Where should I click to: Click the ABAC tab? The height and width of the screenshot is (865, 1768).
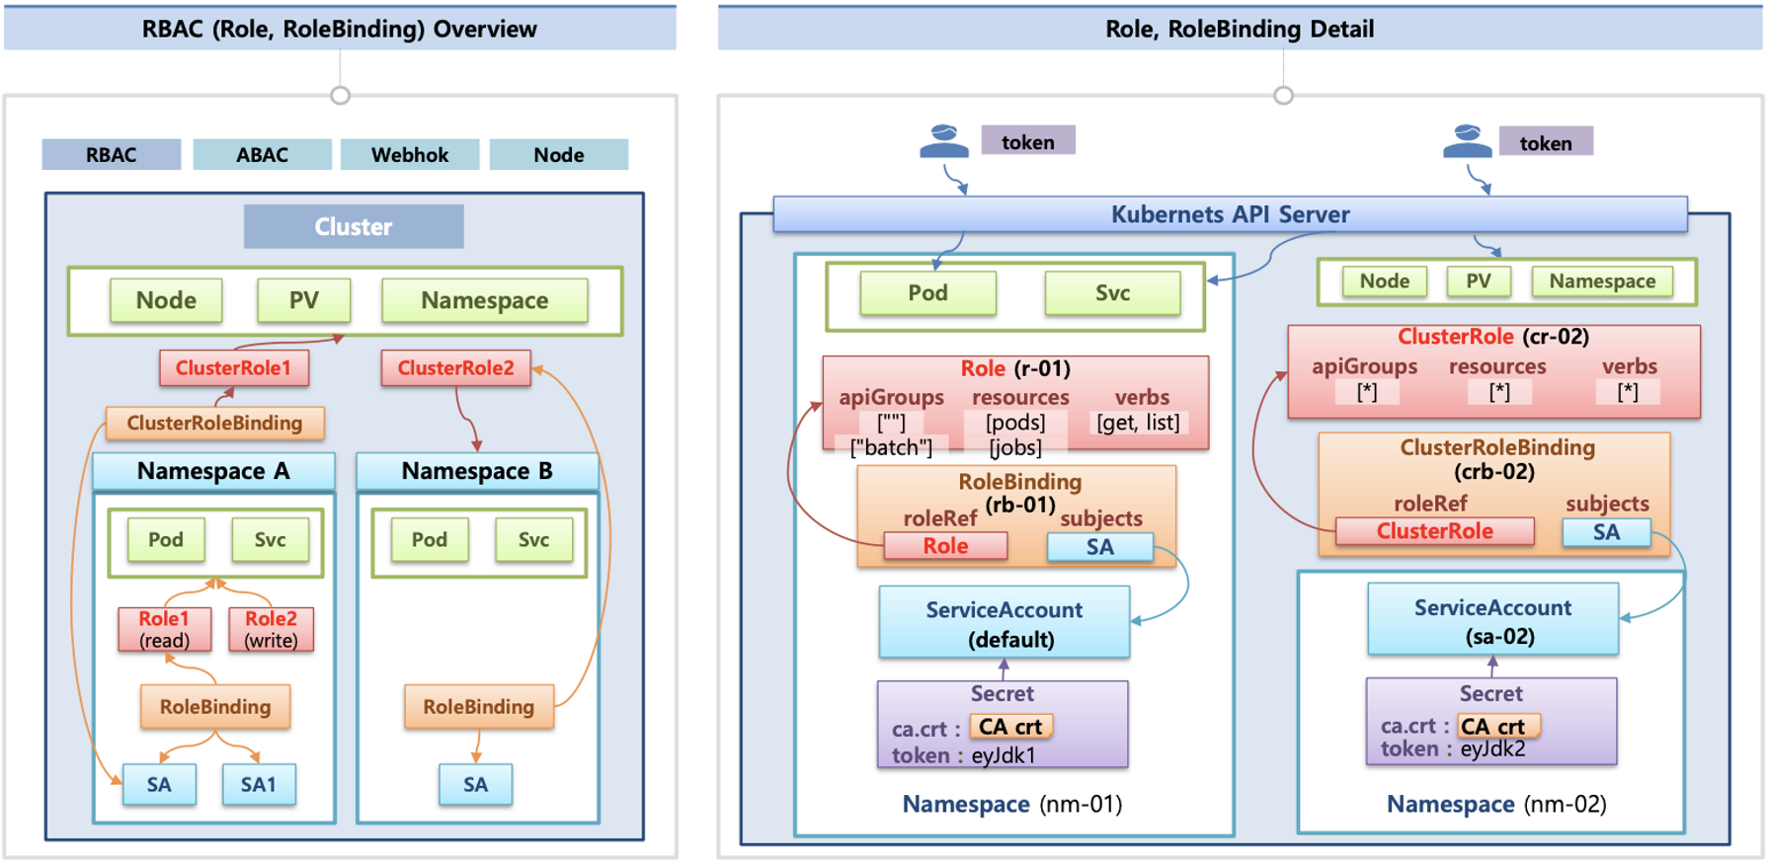pos(262,155)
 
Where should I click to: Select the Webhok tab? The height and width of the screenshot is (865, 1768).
pos(410,155)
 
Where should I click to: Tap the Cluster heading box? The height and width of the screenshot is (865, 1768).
pos(354,227)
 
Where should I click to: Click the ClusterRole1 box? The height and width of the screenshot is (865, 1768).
pos(234,368)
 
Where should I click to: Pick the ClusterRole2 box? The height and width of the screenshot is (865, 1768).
pos(455,368)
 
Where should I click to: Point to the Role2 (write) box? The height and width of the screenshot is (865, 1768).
pos(271,629)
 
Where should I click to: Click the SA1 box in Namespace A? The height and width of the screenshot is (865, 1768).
pos(259,784)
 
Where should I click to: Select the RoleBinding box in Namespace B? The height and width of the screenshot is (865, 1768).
pos(479,707)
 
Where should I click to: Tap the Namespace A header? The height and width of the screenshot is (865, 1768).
pos(213,471)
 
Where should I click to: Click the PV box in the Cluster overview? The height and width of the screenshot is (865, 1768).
pos(303,300)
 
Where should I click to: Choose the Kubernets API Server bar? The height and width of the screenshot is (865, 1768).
pos(1230,214)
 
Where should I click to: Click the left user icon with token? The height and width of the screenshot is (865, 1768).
pos(943,142)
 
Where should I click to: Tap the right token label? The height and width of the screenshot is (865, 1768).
pos(1546,143)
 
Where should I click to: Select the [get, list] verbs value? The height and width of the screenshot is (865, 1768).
pos(1138,423)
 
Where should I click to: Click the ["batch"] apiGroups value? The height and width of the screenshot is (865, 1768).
pos(891,447)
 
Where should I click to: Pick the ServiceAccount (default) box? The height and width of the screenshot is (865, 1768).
pos(1005,623)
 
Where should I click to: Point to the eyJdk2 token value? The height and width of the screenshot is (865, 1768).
pos(1492,748)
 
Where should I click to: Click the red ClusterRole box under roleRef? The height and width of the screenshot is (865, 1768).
pos(1434,531)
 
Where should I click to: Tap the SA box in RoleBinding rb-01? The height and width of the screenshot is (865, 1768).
pos(1099,547)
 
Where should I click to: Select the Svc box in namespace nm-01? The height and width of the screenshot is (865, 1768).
pos(1112,293)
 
